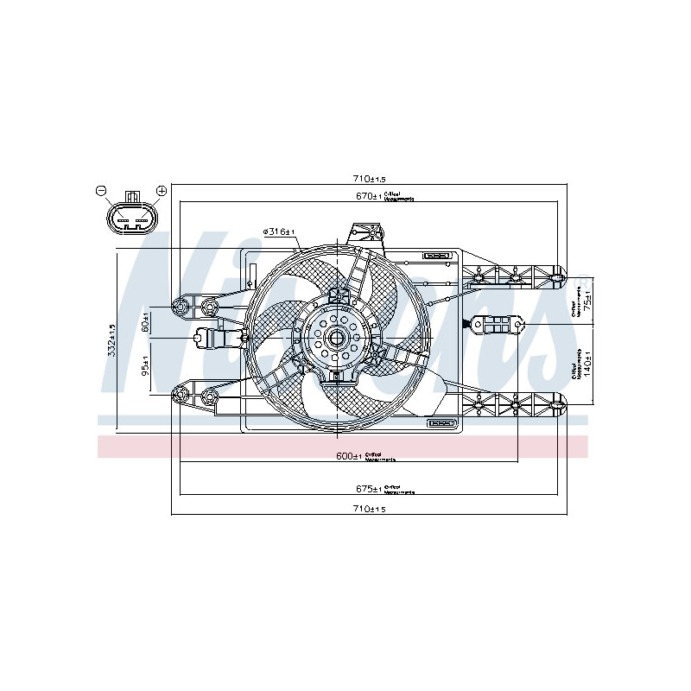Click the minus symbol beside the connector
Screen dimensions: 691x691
[100, 190]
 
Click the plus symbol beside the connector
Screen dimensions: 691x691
[161, 190]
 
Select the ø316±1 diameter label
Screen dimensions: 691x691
[279, 232]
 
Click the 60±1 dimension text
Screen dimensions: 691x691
[146, 323]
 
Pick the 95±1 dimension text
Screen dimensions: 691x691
[146, 366]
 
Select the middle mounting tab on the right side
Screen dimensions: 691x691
[497, 325]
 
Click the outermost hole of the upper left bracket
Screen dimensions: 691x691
[180, 305]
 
